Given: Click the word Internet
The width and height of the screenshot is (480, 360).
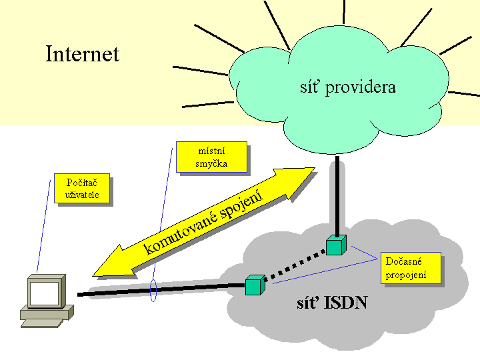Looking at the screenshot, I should (x=82, y=53).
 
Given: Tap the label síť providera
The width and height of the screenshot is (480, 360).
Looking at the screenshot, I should (x=347, y=87).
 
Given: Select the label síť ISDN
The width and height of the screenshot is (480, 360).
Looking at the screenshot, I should (x=332, y=303).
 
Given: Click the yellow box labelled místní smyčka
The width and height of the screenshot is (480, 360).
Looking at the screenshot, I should (x=211, y=157).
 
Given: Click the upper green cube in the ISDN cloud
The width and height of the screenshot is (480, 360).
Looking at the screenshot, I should (x=335, y=245).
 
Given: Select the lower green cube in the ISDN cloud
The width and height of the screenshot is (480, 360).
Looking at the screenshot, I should (x=255, y=285).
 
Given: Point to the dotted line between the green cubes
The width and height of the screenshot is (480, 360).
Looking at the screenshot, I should (x=295, y=265).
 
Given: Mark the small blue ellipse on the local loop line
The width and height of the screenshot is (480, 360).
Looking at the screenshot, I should (x=153, y=290).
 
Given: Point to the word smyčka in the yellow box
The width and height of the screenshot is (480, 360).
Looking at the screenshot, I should (x=211, y=163).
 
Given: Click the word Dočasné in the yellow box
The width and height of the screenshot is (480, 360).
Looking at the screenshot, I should (x=404, y=261).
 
